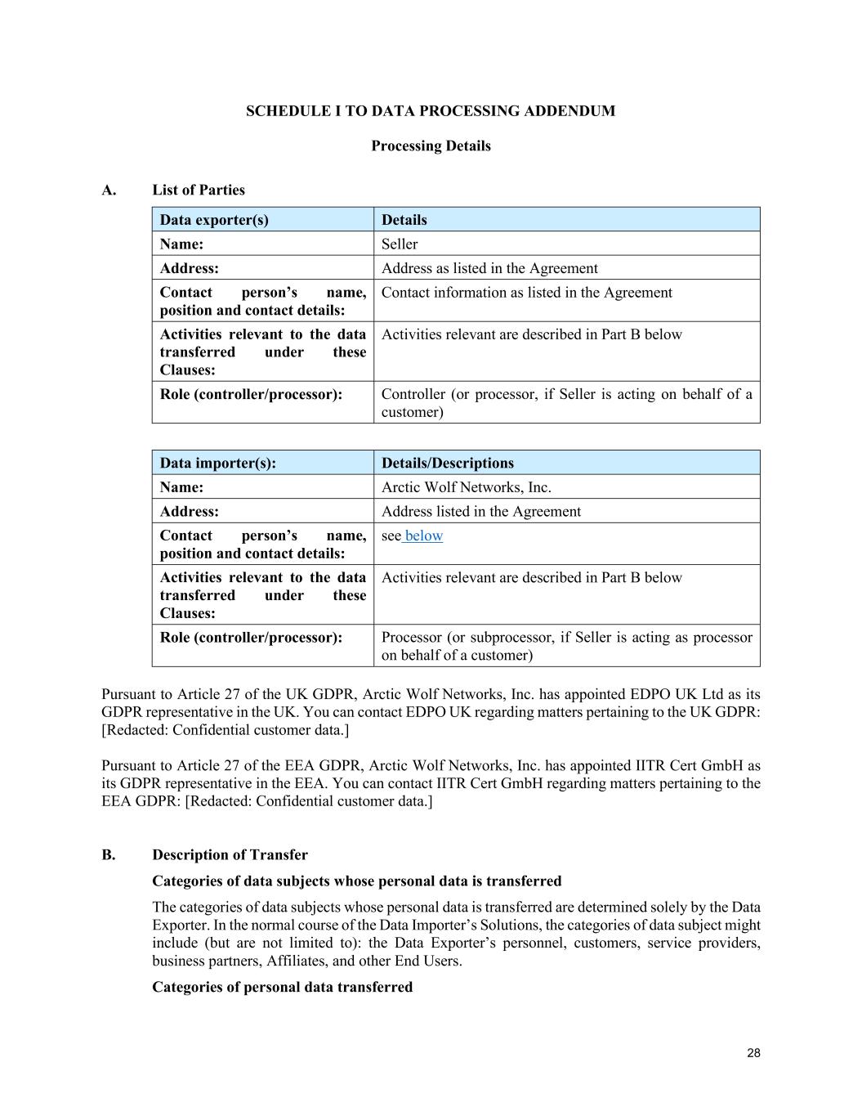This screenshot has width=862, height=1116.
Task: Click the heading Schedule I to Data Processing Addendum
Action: [431, 111]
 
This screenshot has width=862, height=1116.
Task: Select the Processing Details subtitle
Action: [431, 146]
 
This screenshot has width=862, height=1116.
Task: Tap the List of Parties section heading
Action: [199, 190]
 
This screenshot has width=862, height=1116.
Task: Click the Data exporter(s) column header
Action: [214, 220]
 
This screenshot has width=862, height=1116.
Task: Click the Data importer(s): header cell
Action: [218, 463]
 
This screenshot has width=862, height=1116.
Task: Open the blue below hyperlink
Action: [424, 536]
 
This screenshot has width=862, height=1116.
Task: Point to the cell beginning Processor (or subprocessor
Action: [566, 646]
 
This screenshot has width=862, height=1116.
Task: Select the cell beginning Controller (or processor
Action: [566, 403]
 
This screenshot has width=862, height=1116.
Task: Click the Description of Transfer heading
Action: [230, 855]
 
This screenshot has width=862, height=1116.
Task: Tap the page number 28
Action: [753, 1053]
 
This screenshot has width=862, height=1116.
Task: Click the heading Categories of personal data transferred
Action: [282, 987]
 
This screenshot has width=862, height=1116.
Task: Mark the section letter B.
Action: [109, 855]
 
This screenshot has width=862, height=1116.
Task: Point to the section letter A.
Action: [109, 190]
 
